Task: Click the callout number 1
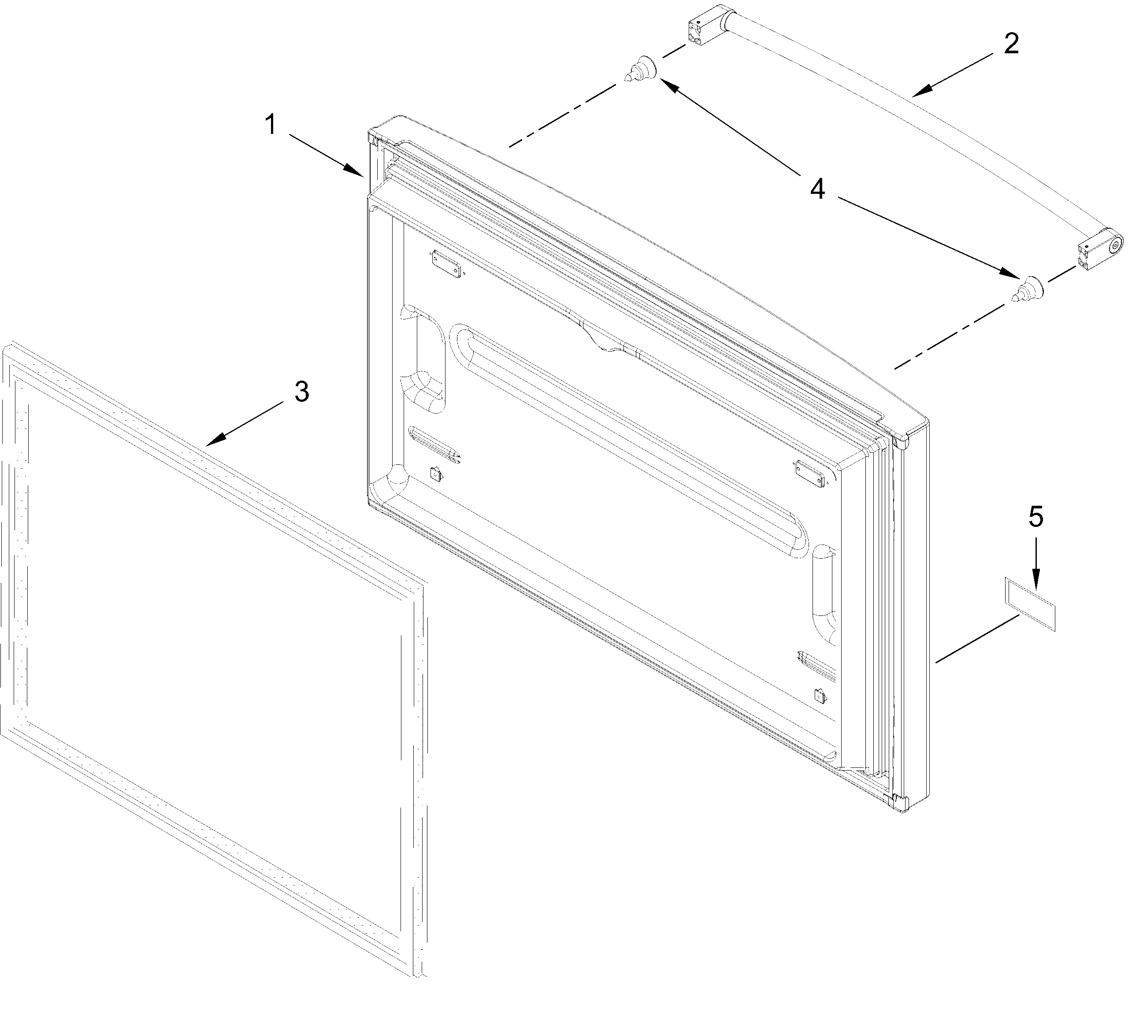(271, 125)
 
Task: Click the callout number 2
(1011, 44)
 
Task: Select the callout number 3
(301, 392)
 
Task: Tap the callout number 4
(817, 189)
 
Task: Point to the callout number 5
(1036, 516)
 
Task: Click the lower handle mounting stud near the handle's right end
(1028, 289)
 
